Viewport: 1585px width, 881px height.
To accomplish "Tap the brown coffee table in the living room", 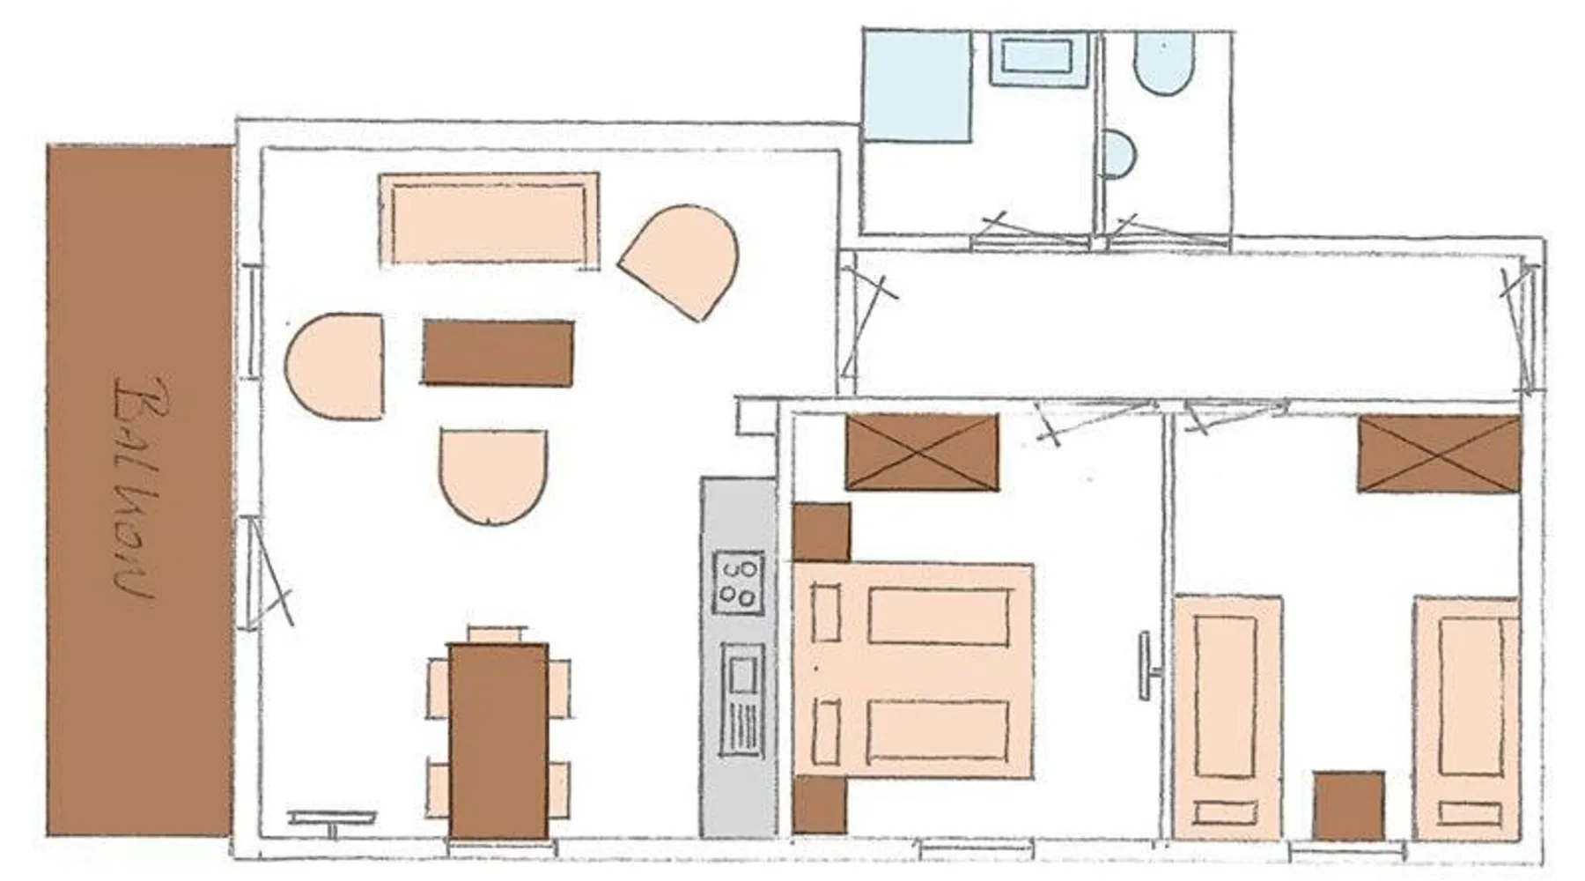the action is point(498,352).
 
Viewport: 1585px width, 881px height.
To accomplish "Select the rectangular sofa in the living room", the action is point(489,219).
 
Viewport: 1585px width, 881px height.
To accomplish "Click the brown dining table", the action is point(498,741).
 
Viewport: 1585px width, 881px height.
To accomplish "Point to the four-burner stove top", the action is point(737,581).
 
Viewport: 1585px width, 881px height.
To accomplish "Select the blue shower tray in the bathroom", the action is point(917,85).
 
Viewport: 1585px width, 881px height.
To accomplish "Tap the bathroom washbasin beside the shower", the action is point(1039,59).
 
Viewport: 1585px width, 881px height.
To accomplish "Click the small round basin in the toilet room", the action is point(1119,154).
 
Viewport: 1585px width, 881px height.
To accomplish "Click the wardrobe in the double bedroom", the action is point(922,452).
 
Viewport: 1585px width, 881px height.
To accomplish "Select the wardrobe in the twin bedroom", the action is point(1439,454).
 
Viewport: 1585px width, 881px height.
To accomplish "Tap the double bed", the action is point(913,670).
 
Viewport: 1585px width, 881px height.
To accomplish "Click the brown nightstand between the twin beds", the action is point(1348,806).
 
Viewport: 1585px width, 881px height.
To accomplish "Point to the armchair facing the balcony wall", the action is point(335,366).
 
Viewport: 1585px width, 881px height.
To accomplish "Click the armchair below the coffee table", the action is point(493,477).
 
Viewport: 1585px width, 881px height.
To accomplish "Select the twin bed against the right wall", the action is point(1466,718).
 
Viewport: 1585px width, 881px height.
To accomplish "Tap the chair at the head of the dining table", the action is point(498,634).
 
